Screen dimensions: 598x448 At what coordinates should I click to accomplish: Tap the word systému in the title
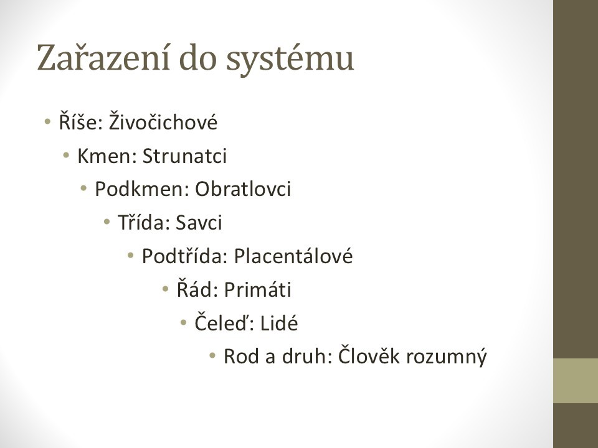(x=290, y=60)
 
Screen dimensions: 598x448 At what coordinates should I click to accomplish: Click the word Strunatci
(x=184, y=156)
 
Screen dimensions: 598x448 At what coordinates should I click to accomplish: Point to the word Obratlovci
(x=243, y=189)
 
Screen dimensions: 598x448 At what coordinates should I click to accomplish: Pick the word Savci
(x=199, y=222)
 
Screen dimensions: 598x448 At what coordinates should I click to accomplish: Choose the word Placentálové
(x=293, y=255)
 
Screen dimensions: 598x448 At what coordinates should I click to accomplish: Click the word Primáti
(x=257, y=289)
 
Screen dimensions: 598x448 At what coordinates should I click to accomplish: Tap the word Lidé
(x=279, y=323)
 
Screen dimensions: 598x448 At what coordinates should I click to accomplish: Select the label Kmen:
(x=107, y=156)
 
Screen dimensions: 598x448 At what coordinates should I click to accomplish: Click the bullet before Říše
(x=47, y=122)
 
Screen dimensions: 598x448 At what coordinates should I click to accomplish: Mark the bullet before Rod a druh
(x=212, y=356)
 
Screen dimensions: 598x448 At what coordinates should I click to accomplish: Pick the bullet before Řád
(x=165, y=289)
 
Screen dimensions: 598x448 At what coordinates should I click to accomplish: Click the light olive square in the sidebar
(x=576, y=381)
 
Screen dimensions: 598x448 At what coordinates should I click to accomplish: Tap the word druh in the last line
(x=304, y=356)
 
